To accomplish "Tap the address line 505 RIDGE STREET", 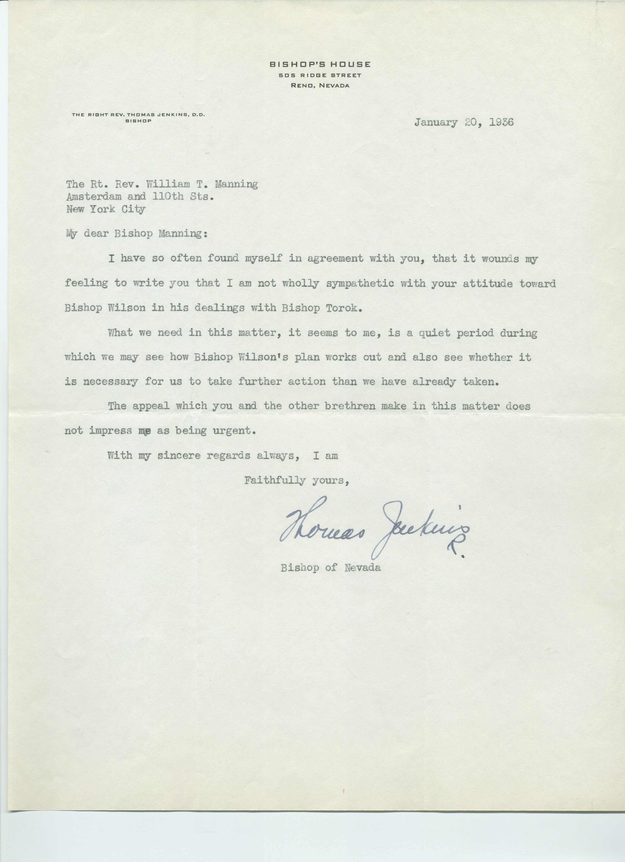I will point(320,76).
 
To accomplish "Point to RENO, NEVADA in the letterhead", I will point(320,86).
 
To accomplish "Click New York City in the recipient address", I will point(106,209).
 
